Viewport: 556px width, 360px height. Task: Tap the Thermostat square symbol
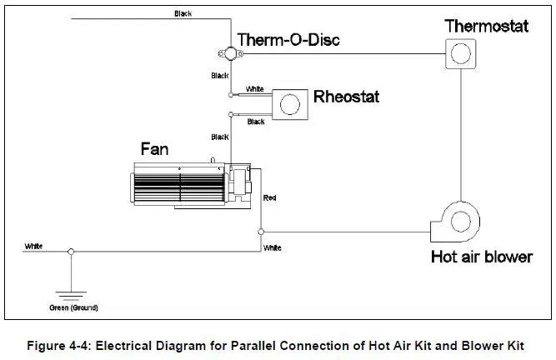(458, 56)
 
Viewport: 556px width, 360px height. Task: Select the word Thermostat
(487, 26)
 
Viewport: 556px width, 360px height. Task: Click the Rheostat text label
(346, 97)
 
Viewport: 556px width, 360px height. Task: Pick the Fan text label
(154, 148)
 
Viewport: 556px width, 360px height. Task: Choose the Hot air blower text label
(481, 257)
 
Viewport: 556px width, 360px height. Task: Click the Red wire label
(269, 198)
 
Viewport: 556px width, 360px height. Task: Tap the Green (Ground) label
(73, 307)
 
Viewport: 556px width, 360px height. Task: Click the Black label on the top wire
(183, 13)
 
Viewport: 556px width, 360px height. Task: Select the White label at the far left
(33, 246)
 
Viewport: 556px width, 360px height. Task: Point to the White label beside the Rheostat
(255, 87)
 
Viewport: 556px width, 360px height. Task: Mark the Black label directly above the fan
(220, 137)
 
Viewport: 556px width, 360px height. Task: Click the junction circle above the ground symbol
(71, 251)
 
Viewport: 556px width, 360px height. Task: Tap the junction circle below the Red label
(262, 230)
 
